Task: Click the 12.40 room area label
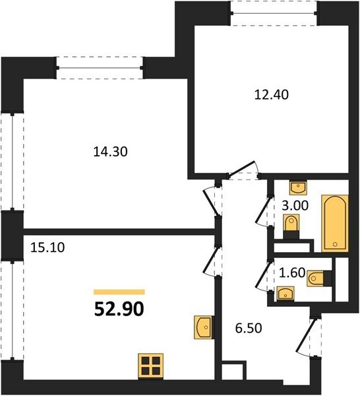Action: (271, 95)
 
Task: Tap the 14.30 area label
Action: (111, 152)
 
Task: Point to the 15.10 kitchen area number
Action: (47, 247)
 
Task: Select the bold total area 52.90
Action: (119, 309)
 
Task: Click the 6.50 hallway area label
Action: (249, 328)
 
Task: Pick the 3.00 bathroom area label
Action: (295, 205)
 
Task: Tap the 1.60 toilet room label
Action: (292, 273)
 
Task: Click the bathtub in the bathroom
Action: (335, 223)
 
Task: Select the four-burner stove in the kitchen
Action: (150, 366)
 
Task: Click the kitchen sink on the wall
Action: (204, 327)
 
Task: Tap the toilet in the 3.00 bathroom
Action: (291, 226)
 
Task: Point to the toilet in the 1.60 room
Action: (319, 279)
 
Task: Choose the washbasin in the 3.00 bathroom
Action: (298, 187)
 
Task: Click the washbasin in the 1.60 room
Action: (285, 294)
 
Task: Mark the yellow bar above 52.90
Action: (119, 292)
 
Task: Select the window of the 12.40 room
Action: (274, 13)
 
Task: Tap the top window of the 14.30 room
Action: (100, 68)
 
